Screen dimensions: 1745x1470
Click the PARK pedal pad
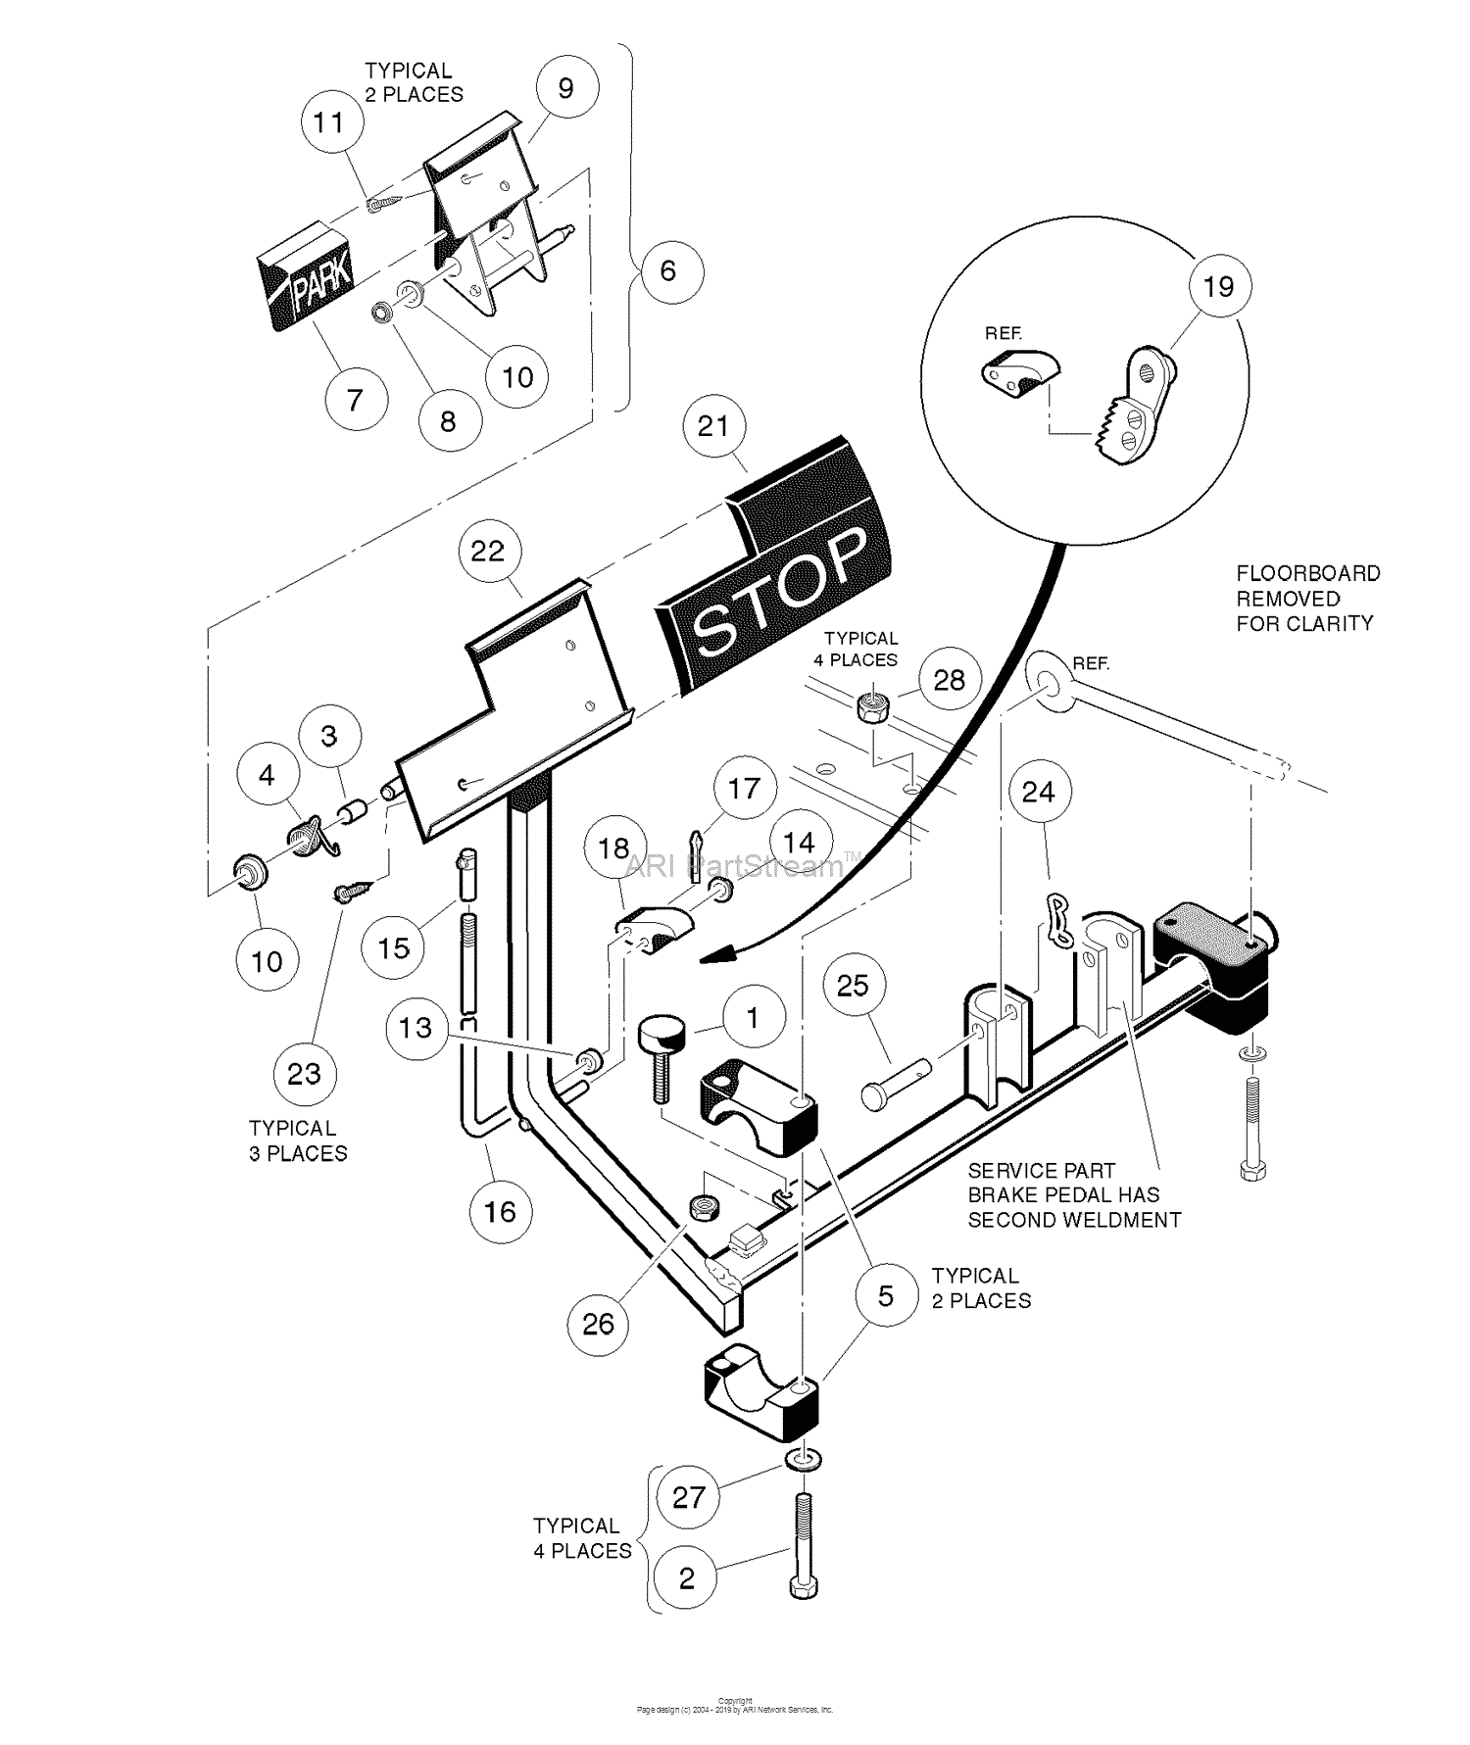click(x=306, y=276)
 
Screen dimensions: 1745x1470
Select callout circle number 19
click(x=1218, y=286)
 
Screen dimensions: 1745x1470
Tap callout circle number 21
click(x=713, y=426)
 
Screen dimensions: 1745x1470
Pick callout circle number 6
click(x=667, y=270)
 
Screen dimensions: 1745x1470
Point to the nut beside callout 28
click(x=872, y=706)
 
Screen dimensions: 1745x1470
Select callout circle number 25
click(x=853, y=986)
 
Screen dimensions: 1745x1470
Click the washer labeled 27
click(x=803, y=1460)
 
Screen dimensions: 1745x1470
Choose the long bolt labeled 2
click(x=803, y=1548)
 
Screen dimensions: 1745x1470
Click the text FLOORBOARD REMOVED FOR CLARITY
click(x=1307, y=598)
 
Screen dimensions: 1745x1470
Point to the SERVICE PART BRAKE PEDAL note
click(x=1073, y=1195)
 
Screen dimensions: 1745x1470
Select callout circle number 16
click(x=500, y=1212)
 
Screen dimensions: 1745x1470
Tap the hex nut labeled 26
click(x=702, y=1207)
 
